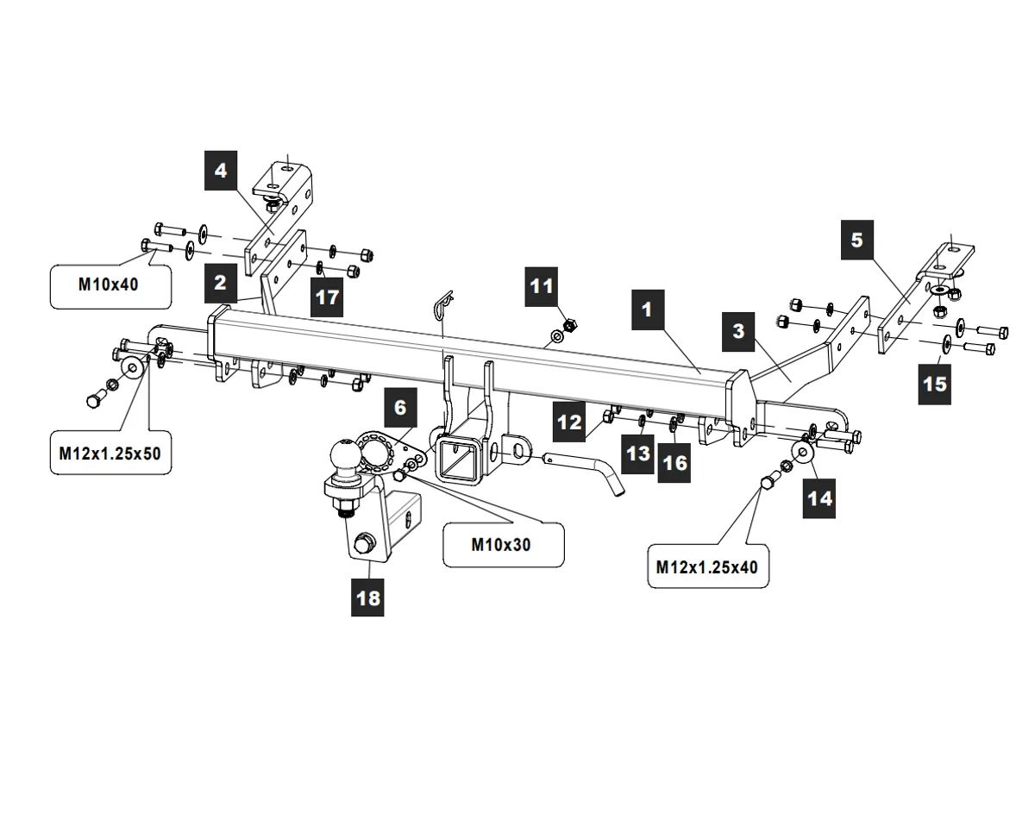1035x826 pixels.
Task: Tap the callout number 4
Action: [x=222, y=171]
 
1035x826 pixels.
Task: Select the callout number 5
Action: [x=856, y=241]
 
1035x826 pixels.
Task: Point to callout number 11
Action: [x=541, y=285]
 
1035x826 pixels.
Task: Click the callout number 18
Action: [x=368, y=598]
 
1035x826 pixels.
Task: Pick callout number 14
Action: [x=820, y=498]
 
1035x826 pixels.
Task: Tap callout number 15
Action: [x=935, y=383]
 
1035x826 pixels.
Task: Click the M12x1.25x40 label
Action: [x=706, y=566]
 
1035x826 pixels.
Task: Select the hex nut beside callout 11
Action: [x=569, y=325]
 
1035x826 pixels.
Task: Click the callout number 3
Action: [x=738, y=332]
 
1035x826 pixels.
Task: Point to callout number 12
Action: [x=570, y=422]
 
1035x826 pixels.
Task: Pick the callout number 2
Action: [x=222, y=282]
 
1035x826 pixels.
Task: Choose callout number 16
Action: [x=674, y=463]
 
